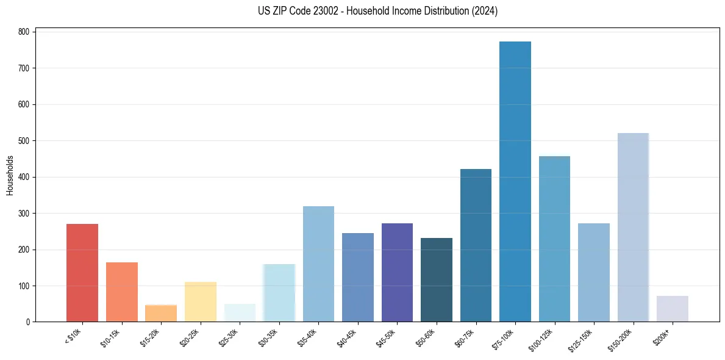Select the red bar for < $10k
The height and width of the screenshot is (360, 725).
pos(82,273)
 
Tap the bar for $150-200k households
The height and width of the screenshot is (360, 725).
pos(633,228)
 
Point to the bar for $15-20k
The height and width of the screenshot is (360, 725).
pos(161,313)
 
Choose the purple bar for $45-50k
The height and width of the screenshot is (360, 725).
pos(397,273)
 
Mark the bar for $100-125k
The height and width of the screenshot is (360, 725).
pos(554,239)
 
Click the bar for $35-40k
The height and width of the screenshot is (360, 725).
pos(318,264)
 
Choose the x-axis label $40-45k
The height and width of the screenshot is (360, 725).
pos(347,336)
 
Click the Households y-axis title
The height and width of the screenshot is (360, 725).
pos(10,175)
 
